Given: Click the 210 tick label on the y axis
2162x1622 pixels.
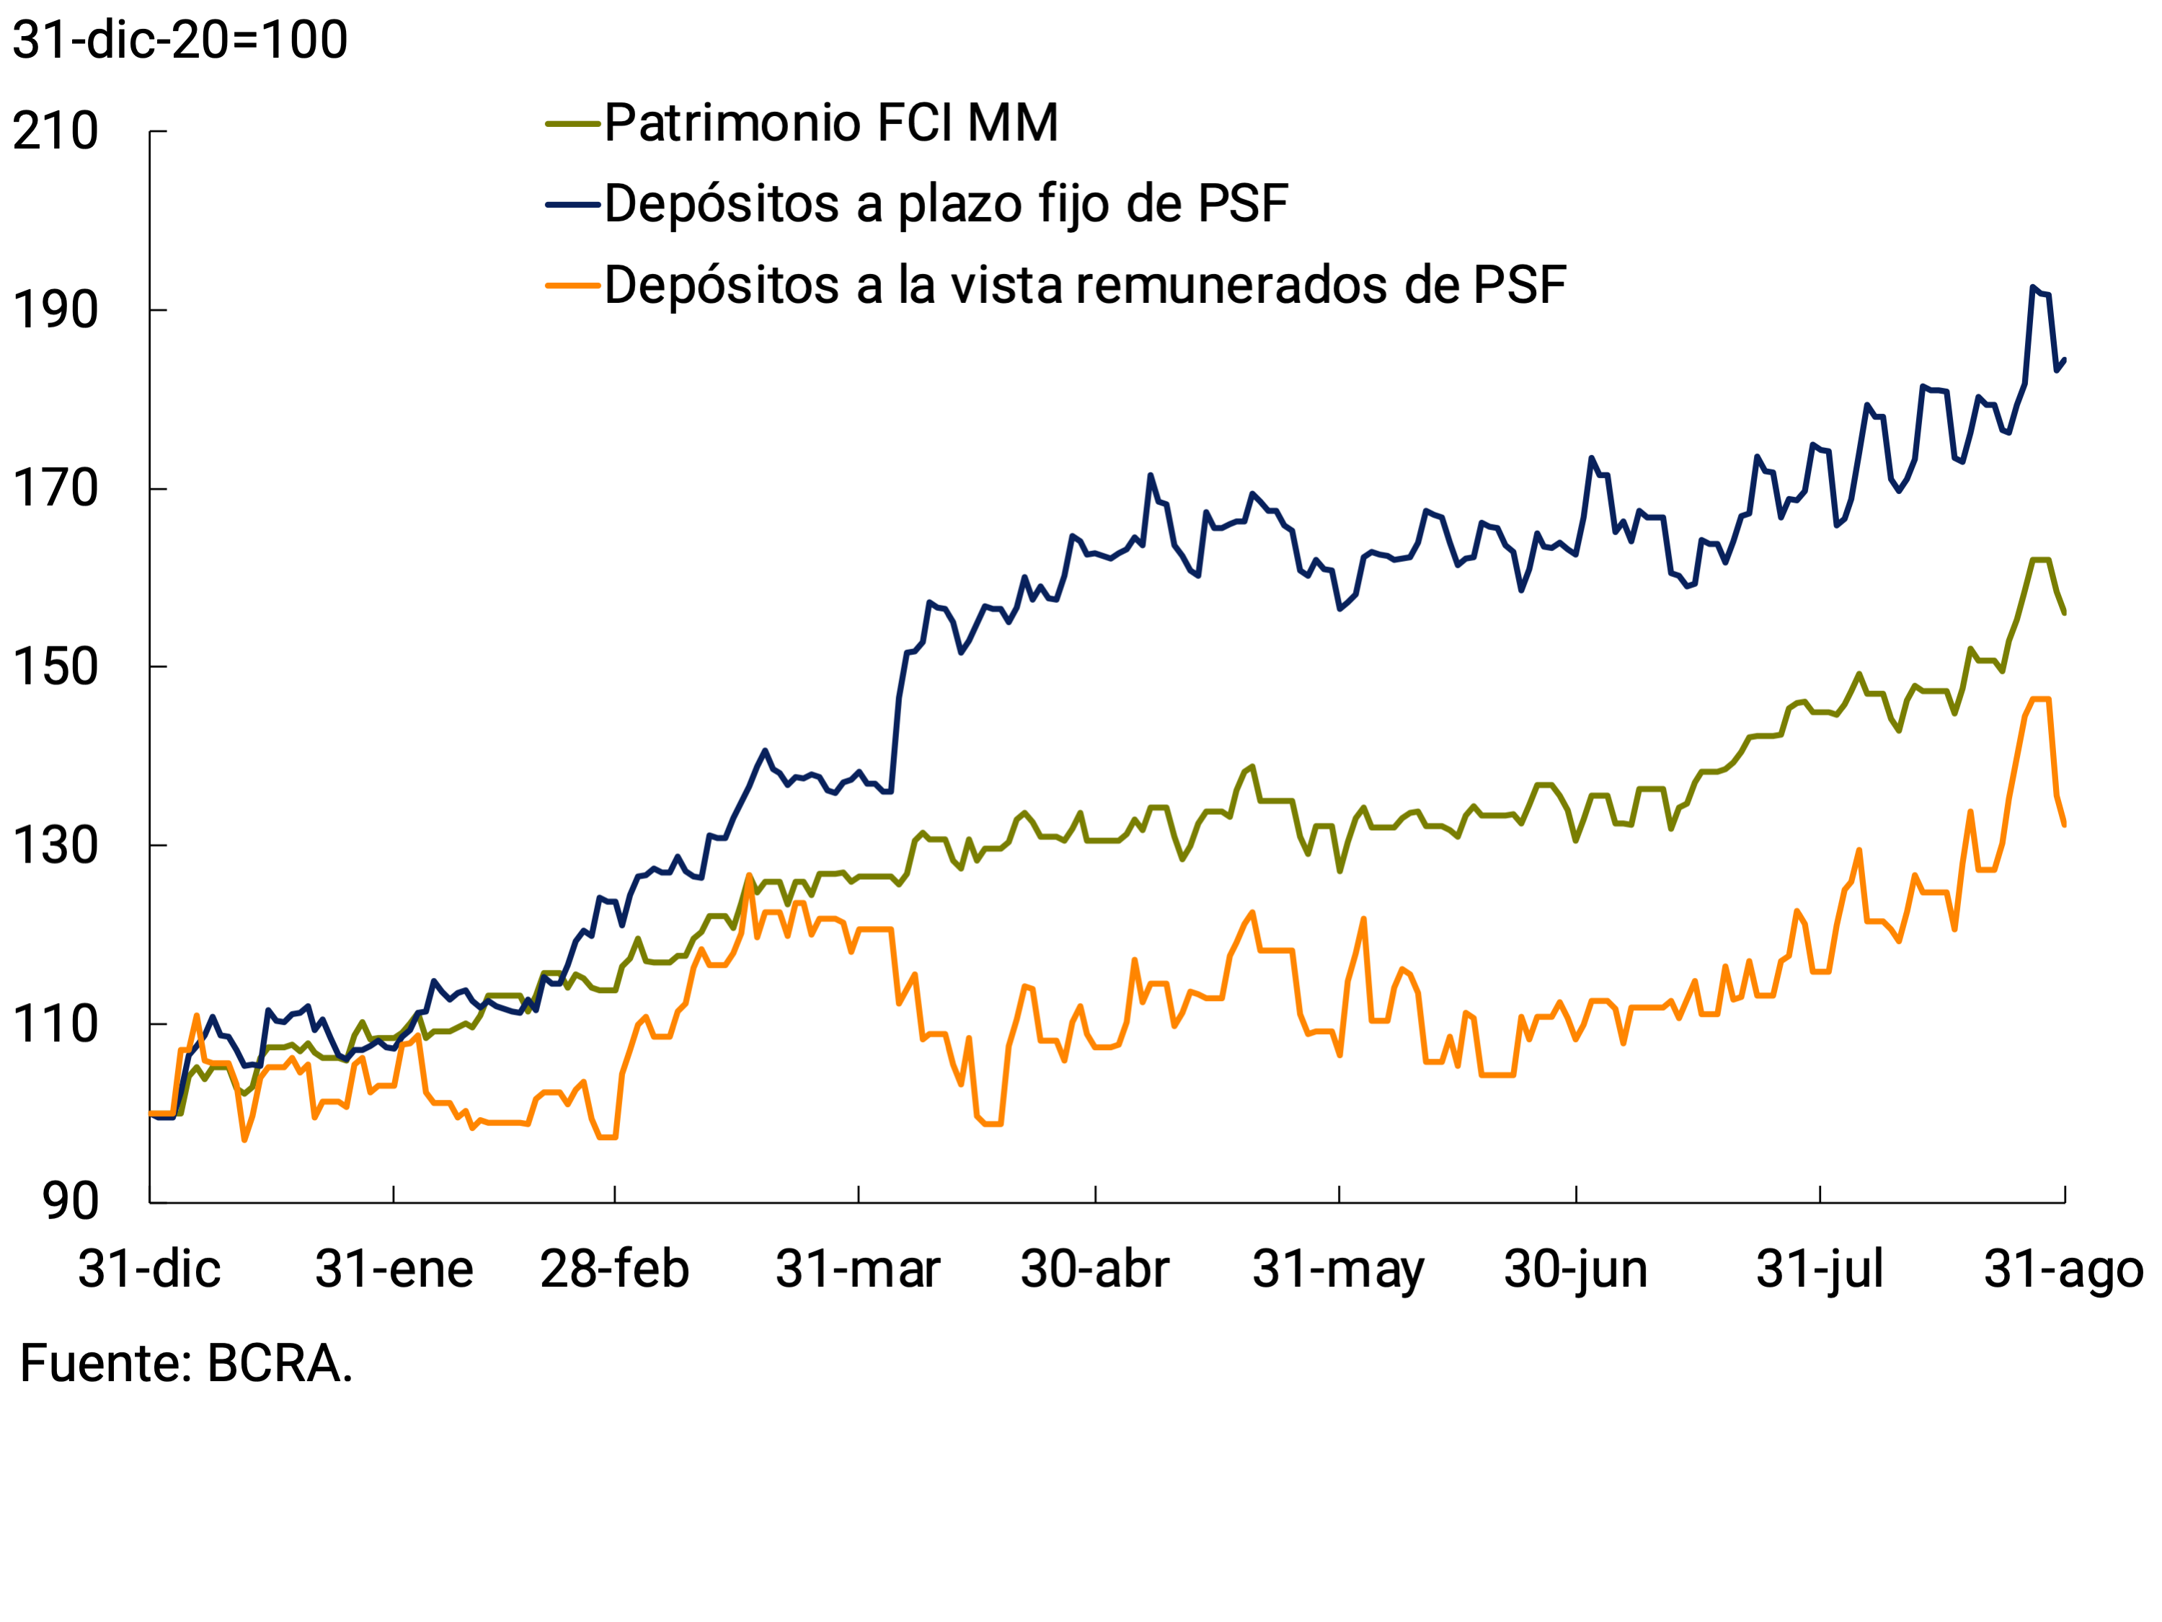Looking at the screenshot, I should pos(56,131).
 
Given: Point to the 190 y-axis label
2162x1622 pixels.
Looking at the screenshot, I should pos(56,310).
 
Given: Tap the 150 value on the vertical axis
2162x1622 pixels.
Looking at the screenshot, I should pos(56,667).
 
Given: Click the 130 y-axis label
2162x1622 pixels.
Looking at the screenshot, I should pos(56,846).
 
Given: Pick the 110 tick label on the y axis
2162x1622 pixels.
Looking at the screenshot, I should pos(56,1023).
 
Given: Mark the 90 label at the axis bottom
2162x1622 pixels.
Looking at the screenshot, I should pos(71,1202).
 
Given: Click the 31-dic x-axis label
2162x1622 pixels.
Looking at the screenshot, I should pos(149,1269).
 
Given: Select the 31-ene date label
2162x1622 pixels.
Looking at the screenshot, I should pos(394,1269).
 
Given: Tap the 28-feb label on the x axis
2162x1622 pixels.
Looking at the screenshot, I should pos(615,1269).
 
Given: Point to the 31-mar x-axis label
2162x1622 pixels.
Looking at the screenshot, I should pos(858,1269).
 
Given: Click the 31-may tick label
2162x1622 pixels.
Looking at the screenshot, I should pos(1338,1269).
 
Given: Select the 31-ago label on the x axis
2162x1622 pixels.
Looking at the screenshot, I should pos(2063,1269).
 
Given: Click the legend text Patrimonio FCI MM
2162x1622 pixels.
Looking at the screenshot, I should pos(830,123).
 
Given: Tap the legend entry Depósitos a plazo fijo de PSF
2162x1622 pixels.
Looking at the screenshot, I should pos(946,204).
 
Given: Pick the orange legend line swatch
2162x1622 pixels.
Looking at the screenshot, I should pos(572,286).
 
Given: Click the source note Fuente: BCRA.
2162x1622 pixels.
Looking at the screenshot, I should pos(186,1363).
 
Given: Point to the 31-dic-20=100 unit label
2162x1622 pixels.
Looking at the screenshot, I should pos(180,40).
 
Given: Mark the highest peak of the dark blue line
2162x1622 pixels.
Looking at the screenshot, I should pos(2032,288).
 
